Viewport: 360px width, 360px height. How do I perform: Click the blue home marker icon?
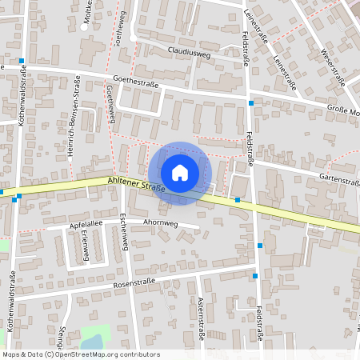[180, 173]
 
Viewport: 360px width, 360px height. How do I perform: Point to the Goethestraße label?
[137, 81]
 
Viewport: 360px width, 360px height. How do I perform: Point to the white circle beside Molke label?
[85, 26]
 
